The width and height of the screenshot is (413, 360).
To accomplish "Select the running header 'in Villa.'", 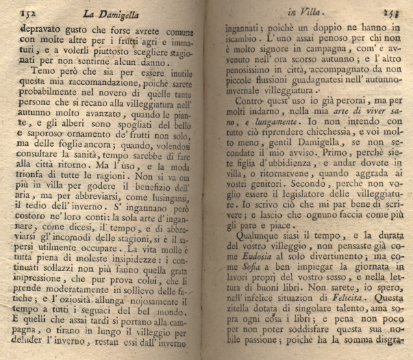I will [315, 10].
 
